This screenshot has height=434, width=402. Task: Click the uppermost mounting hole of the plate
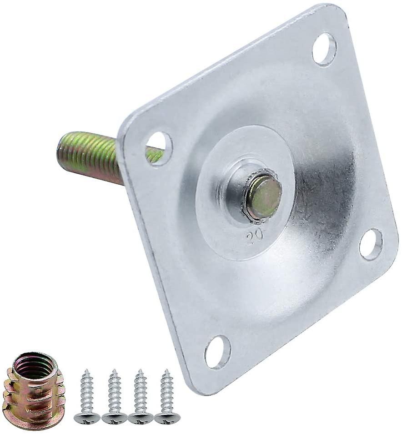point(324,49)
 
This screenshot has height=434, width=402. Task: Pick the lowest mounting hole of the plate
point(217,352)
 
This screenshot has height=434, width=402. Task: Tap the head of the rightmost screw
point(167,417)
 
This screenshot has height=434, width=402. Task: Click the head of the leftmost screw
point(87,417)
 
